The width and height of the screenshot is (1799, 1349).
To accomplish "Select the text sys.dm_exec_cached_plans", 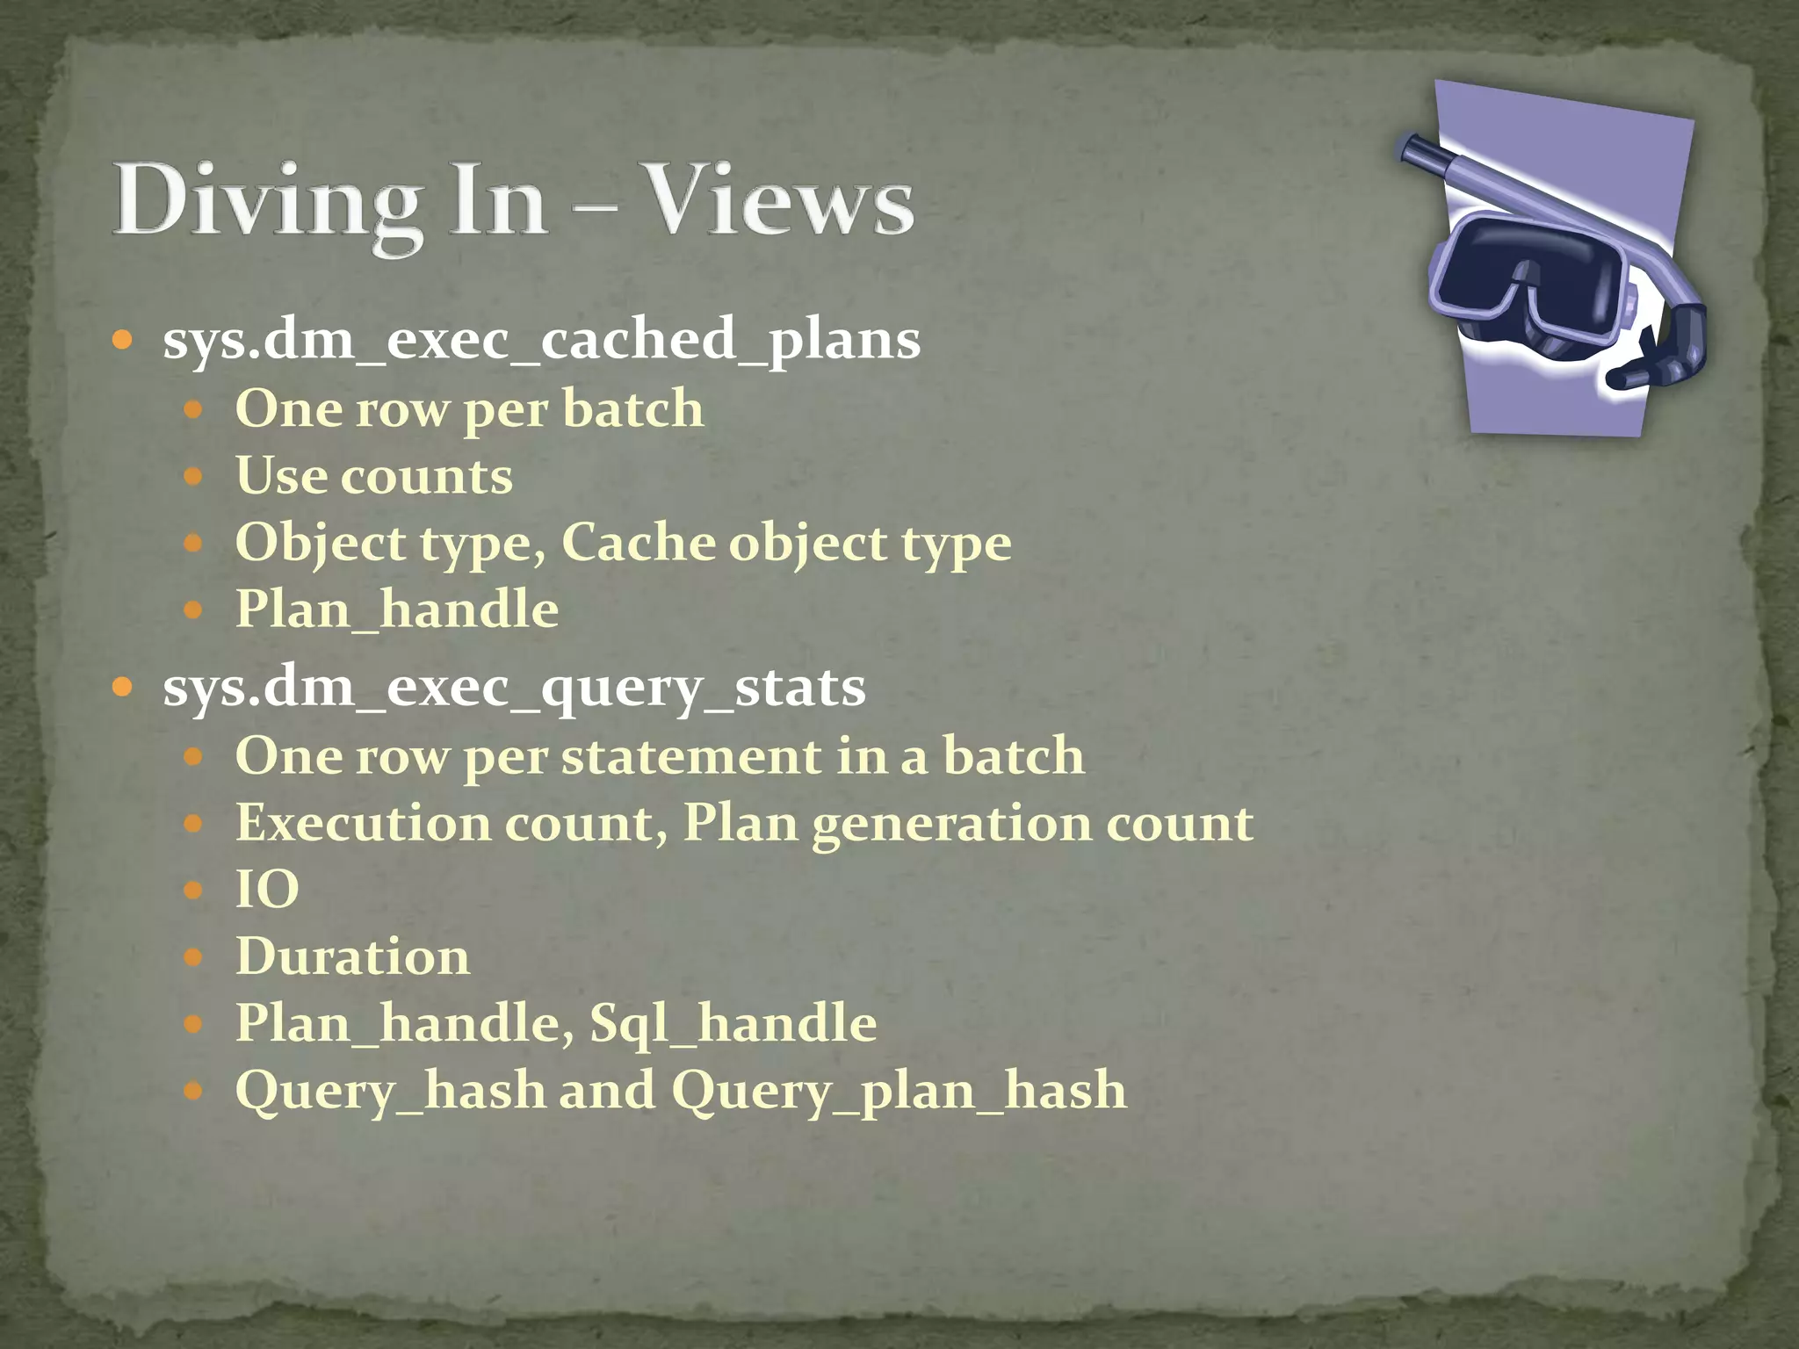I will coord(541,340).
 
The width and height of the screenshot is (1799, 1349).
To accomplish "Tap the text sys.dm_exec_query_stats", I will coord(514,688).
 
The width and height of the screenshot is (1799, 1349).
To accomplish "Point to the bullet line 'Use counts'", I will coord(374,477).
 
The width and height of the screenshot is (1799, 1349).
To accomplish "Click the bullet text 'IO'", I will coord(267,890).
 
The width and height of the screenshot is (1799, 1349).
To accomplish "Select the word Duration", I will coord(352,956).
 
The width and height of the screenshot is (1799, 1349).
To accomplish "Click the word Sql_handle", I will coord(733,1024).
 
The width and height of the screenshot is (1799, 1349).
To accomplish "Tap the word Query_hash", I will coord(390,1092).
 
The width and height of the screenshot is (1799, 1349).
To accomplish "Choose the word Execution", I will coord(363,824).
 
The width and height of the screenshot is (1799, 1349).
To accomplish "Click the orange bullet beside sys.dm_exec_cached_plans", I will coord(123,339).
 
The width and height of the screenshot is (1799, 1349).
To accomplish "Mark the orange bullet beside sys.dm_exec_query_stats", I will coord(123,687).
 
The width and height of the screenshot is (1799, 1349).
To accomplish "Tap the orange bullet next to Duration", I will coord(194,956).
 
